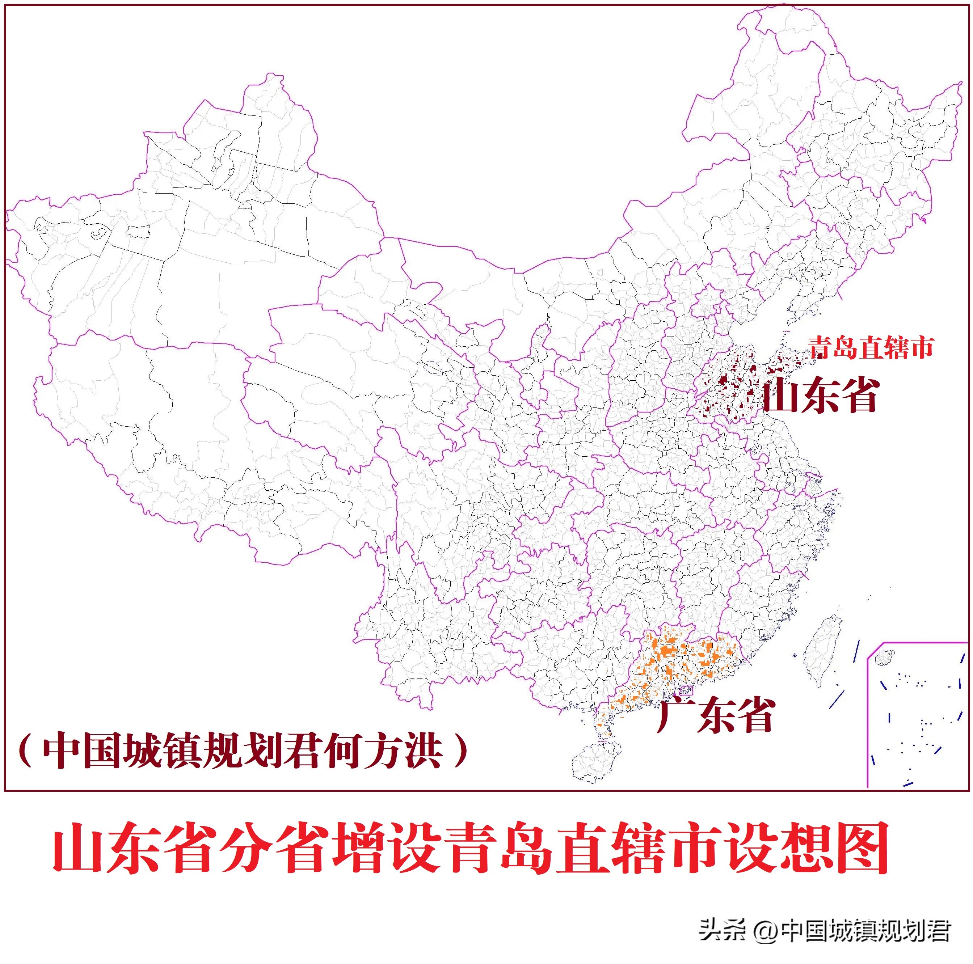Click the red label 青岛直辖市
pos(871,347)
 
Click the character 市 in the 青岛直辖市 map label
pos(922,347)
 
